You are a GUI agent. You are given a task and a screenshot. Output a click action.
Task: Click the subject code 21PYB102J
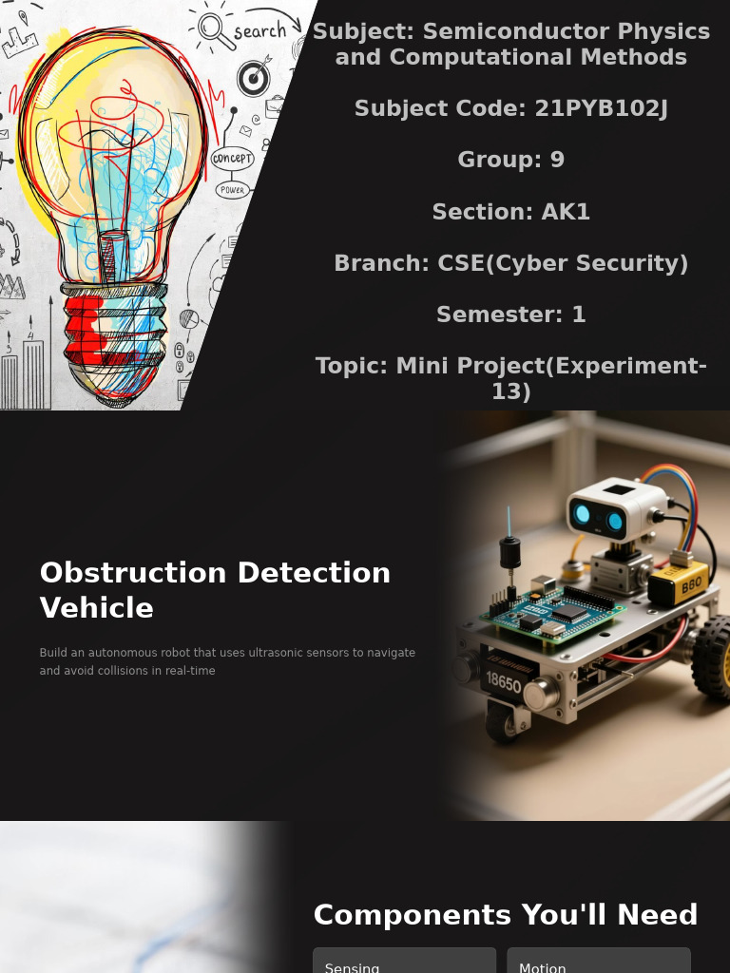point(601,108)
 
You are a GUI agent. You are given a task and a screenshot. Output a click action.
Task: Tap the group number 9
point(557,160)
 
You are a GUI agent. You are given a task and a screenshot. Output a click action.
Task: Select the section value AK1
point(566,212)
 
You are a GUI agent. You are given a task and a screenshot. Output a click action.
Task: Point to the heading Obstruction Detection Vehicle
point(215,590)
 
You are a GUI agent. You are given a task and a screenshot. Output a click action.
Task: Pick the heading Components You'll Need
point(506,915)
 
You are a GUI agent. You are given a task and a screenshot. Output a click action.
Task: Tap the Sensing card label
point(353,965)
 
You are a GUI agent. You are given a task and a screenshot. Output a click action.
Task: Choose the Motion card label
point(543,965)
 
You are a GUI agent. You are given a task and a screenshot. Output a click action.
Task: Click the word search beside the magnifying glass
point(259,31)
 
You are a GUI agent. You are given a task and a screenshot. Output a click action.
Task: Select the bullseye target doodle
point(253,78)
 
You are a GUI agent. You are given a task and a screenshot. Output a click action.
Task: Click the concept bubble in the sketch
point(232,159)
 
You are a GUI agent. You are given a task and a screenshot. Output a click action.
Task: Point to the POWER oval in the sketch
point(232,190)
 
